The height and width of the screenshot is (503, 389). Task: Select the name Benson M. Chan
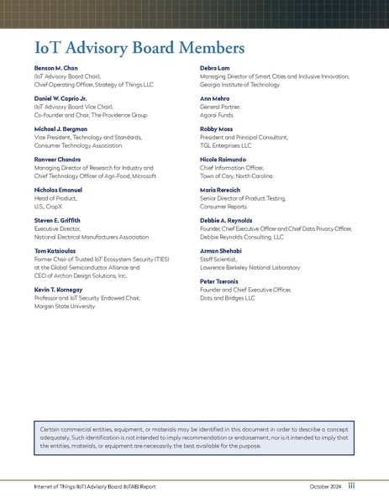pyautogui.click(x=55, y=67)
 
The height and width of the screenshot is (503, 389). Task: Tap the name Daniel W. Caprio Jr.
pyautogui.click(x=61, y=98)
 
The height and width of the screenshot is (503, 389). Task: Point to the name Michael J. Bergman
pyautogui.click(x=61, y=128)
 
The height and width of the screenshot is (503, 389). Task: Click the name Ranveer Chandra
pyautogui.click(x=57, y=160)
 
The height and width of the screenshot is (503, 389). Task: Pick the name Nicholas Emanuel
pyautogui.click(x=58, y=190)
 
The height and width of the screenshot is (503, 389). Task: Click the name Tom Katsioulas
pyautogui.click(x=55, y=251)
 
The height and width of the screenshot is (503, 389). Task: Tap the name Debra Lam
pyautogui.click(x=214, y=67)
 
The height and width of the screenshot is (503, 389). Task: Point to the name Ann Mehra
pyautogui.click(x=214, y=98)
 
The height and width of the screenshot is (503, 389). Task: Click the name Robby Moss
pyautogui.click(x=216, y=128)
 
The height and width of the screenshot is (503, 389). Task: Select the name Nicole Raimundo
pyautogui.click(x=223, y=160)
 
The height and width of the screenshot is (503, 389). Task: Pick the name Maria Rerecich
pyautogui.click(x=221, y=190)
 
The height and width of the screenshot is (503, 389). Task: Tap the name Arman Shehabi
pyautogui.click(x=220, y=251)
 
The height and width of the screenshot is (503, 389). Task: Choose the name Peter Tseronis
pyautogui.click(x=220, y=281)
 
